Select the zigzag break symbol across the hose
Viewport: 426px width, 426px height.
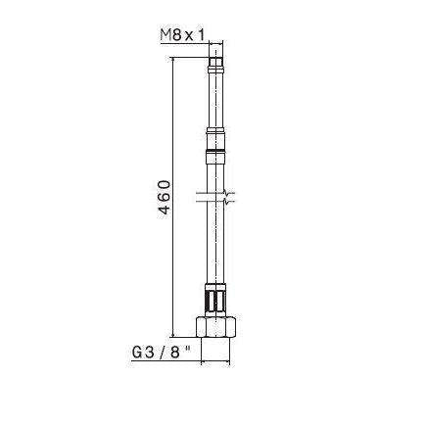pos(217,198)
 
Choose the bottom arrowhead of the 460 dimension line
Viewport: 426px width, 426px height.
pos(174,334)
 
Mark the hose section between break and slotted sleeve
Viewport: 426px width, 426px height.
pos(217,245)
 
